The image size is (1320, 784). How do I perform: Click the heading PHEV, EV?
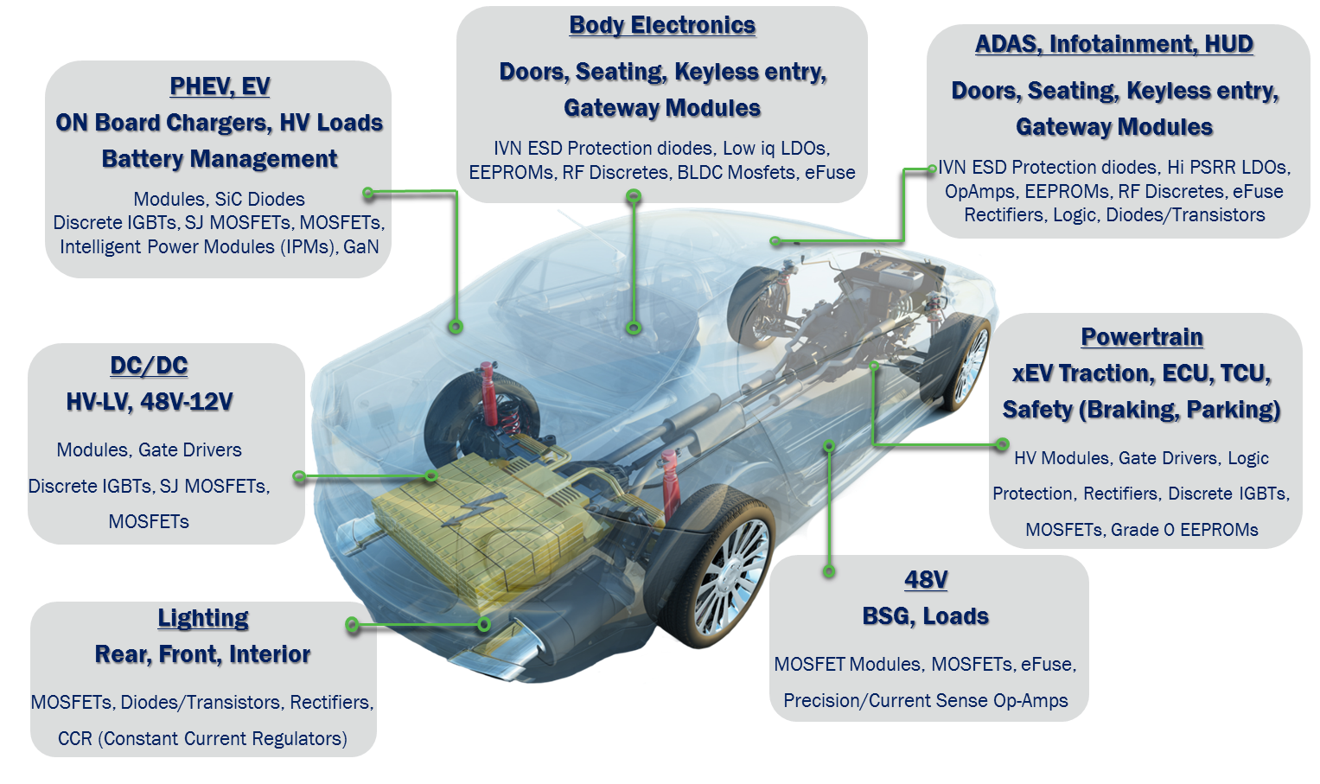click(x=220, y=87)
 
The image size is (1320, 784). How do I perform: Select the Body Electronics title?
click(x=662, y=26)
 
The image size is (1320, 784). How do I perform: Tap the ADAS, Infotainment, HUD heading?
click(x=1114, y=45)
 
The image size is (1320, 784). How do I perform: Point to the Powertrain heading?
click(x=1142, y=337)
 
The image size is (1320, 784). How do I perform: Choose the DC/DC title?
click(x=149, y=367)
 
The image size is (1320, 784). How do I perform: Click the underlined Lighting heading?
click(x=203, y=619)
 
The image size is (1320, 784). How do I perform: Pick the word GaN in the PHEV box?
click(x=361, y=246)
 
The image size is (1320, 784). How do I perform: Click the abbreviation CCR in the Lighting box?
click(x=75, y=738)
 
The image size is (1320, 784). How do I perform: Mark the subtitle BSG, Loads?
click(x=925, y=616)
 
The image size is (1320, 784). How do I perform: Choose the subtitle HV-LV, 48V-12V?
click(x=150, y=403)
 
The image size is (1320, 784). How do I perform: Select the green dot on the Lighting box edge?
click(x=352, y=624)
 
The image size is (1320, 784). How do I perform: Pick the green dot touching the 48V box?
click(x=829, y=570)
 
